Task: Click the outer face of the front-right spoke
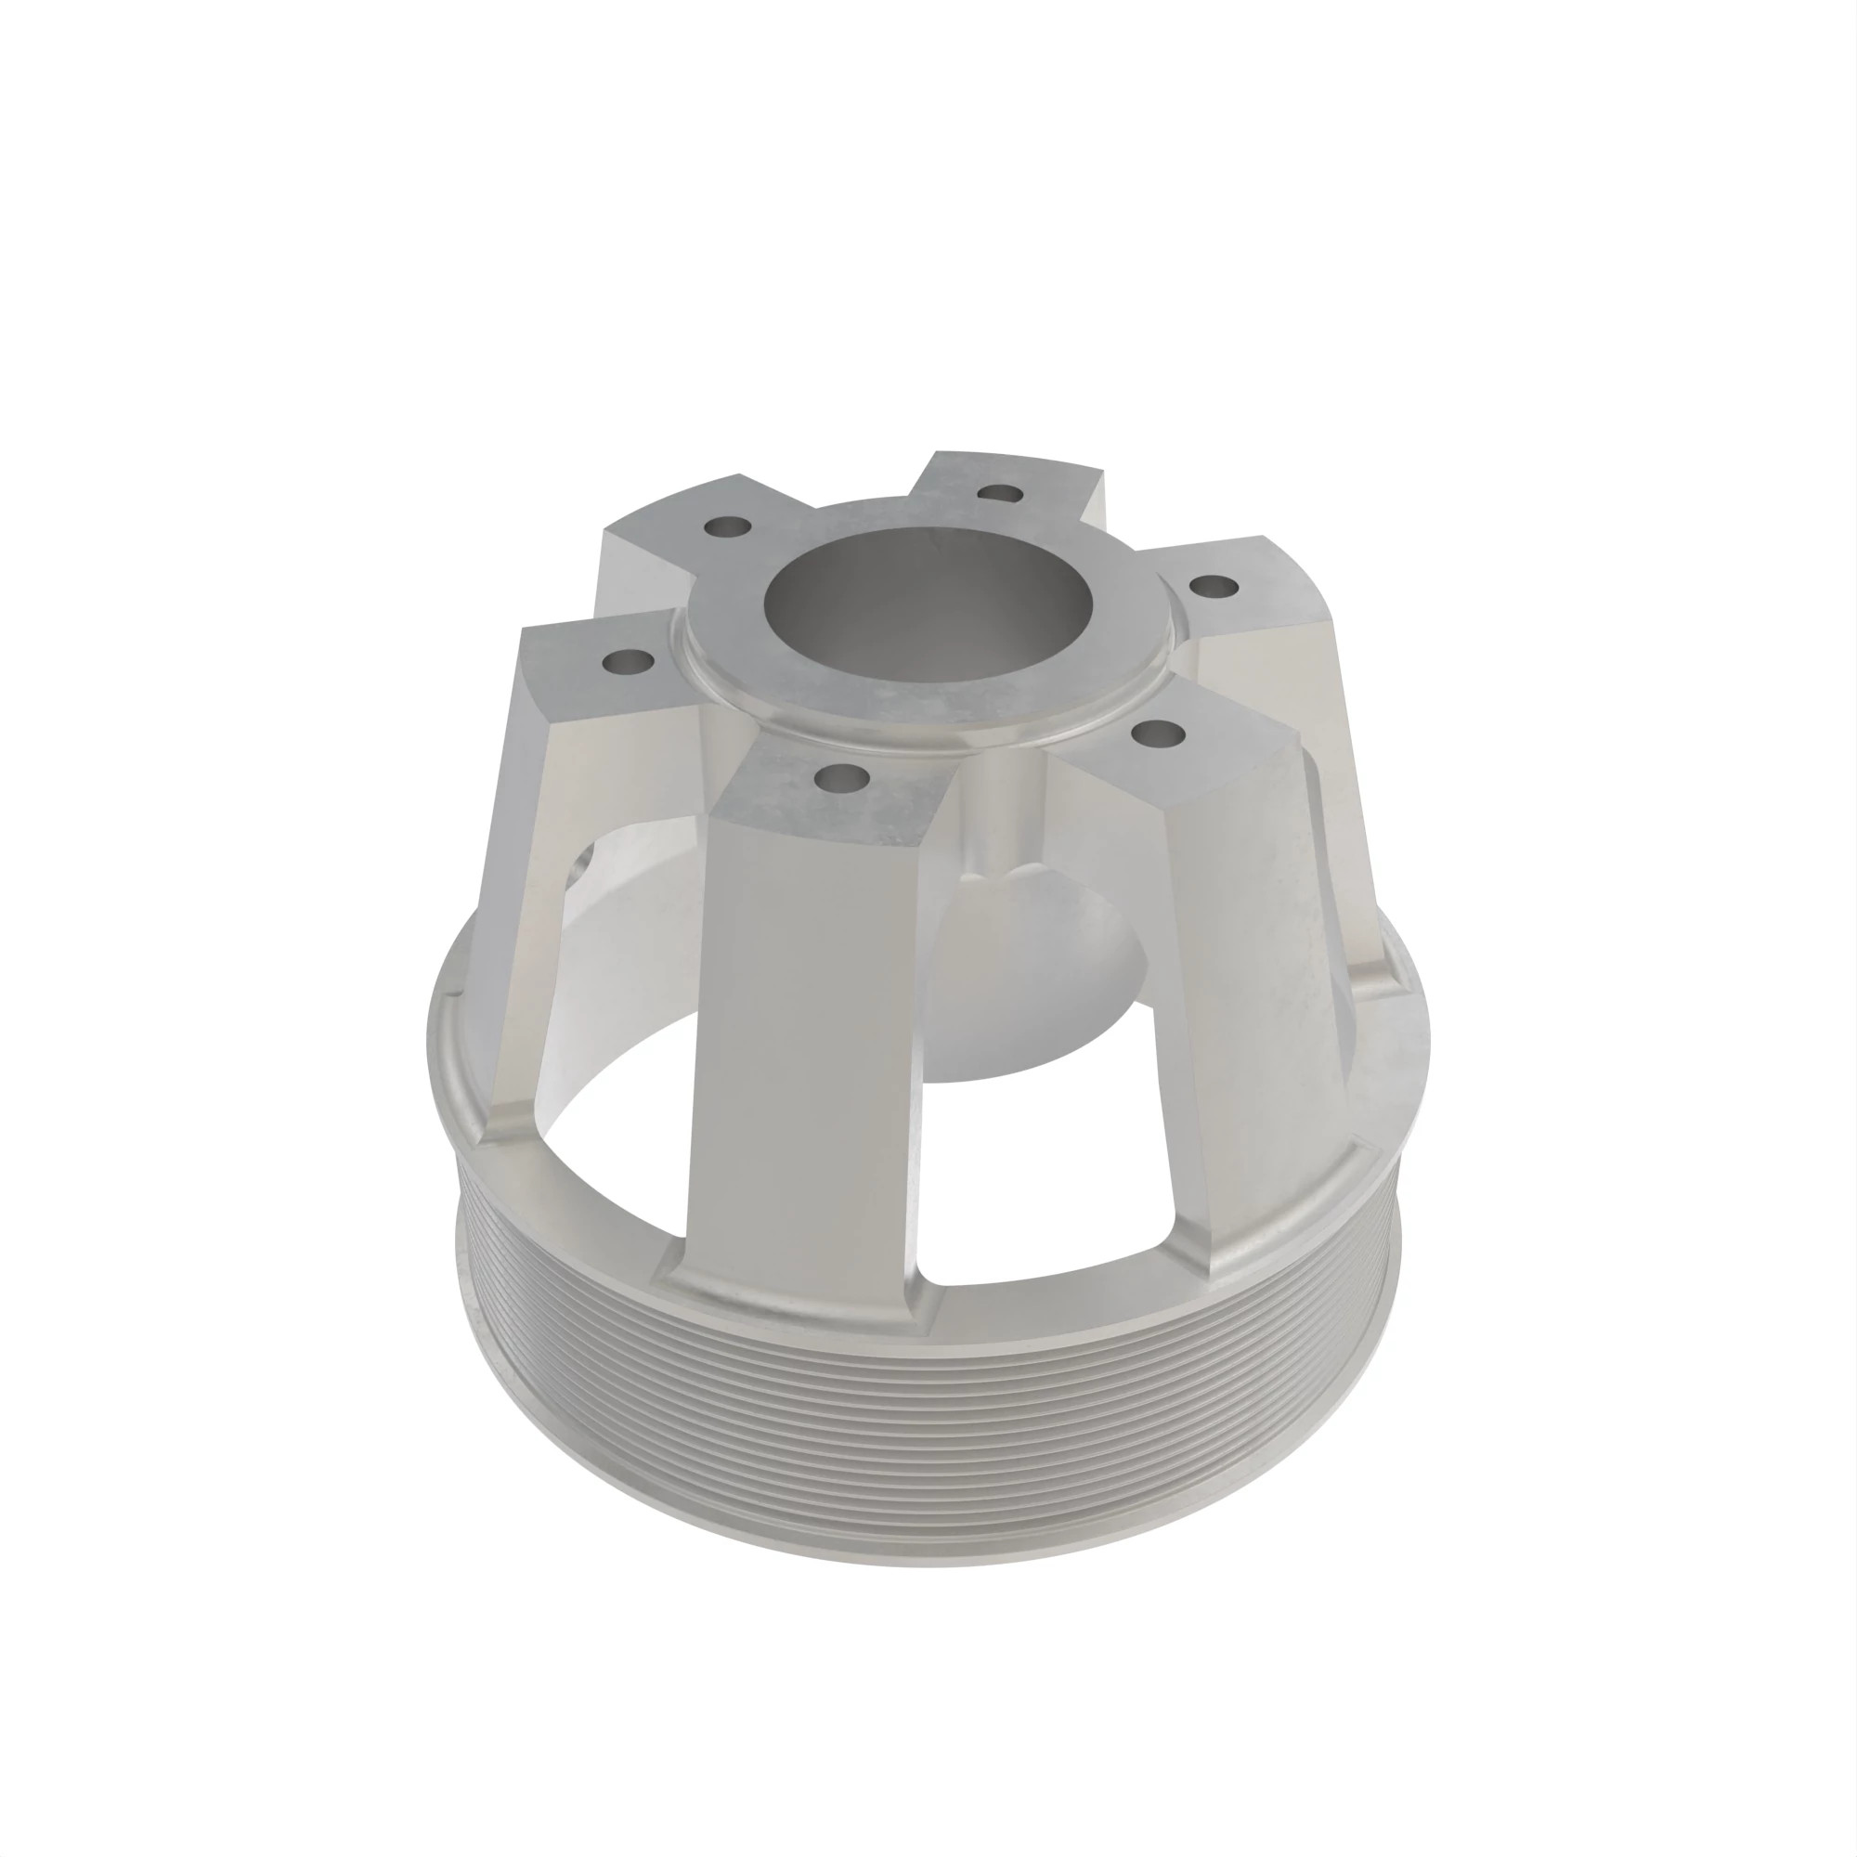(1240, 961)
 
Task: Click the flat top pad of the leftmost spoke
(596, 673)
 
